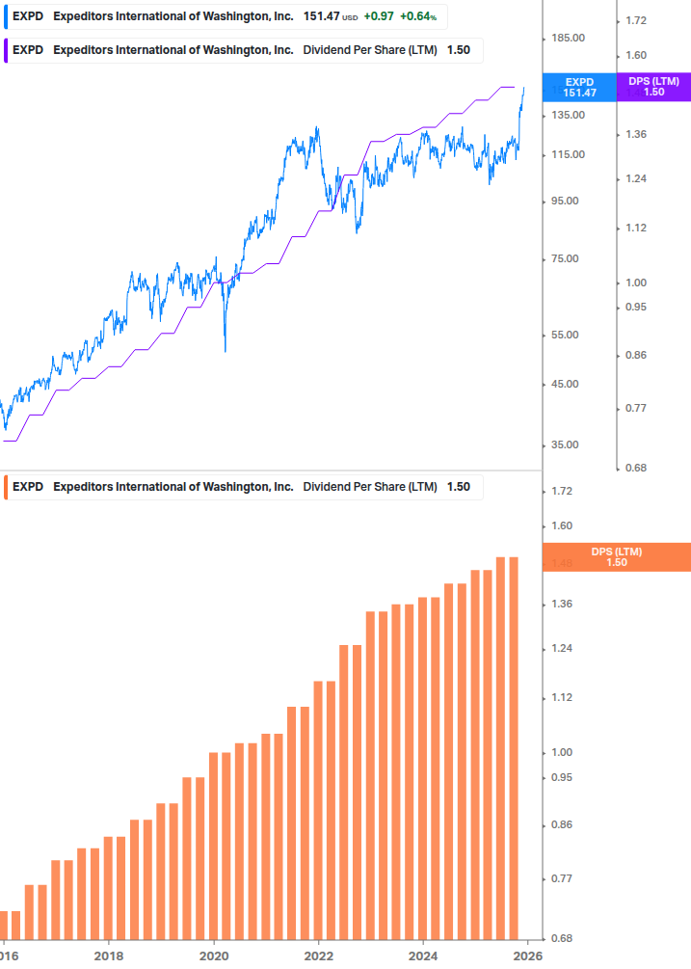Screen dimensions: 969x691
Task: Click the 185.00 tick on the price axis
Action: click(x=568, y=38)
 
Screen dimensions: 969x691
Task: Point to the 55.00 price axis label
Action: click(x=568, y=336)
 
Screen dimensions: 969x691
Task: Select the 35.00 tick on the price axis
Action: click(x=568, y=445)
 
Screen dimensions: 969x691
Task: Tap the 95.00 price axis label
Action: click(x=568, y=202)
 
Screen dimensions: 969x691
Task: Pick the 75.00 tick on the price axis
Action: click(x=568, y=259)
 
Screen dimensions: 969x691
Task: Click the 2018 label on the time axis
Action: click(x=109, y=955)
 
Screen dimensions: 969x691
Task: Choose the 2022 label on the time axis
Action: click(x=318, y=955)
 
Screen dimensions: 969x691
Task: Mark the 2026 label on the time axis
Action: click(x=527, y=955)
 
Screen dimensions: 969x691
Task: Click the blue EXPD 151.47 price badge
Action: click(x=580, y=87)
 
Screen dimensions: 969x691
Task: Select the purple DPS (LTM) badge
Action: click(x=653, y=87)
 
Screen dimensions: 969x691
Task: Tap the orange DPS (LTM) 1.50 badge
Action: click(x=617, y=556)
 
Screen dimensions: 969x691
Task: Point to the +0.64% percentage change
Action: click(x=417, y=17)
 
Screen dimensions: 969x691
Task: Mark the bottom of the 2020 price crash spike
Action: click(x=226, y=350)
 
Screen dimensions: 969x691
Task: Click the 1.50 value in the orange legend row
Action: click(x=458, y=487)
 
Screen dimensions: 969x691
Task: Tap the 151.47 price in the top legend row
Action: click(x=321, y=17)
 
